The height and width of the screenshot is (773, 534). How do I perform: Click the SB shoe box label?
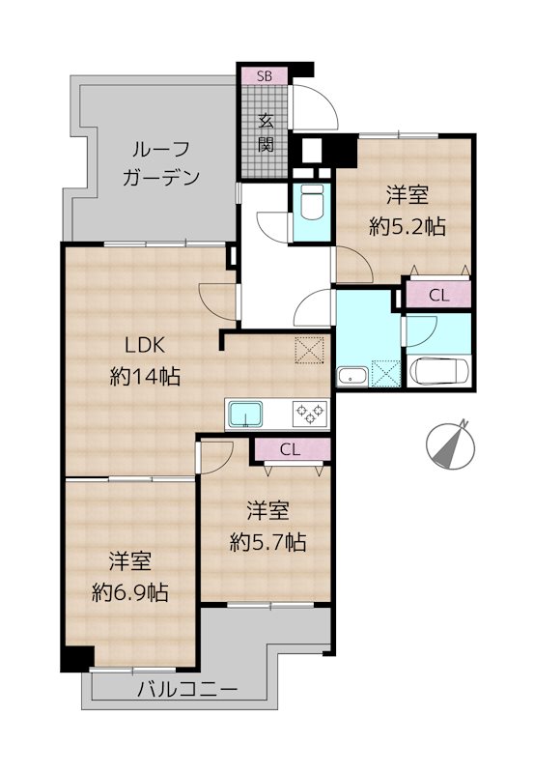click(265, 76)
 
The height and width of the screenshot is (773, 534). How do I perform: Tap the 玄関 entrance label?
click(266, 132)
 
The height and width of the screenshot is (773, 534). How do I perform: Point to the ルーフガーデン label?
click(161, 162)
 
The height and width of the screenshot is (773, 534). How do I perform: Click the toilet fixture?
click(312, 203)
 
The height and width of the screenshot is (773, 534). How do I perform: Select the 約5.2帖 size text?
click(408, 227)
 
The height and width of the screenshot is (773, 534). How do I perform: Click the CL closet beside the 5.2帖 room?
click(438, 296)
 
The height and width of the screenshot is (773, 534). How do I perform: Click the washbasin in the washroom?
click(351, 378)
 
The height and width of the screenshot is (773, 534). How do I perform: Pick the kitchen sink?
click(246, 414)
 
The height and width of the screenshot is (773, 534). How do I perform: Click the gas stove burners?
click(310, 414)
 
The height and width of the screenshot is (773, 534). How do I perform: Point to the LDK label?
click(144, 346)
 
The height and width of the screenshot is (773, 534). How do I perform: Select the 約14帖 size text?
click(145, 377)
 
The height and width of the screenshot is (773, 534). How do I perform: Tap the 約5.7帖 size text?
click(268, 543)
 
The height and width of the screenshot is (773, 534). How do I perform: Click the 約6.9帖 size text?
click(130, 592)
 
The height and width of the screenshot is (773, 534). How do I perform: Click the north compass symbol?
click(450, 444)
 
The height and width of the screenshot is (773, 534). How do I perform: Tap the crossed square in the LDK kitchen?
click(309, 351)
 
